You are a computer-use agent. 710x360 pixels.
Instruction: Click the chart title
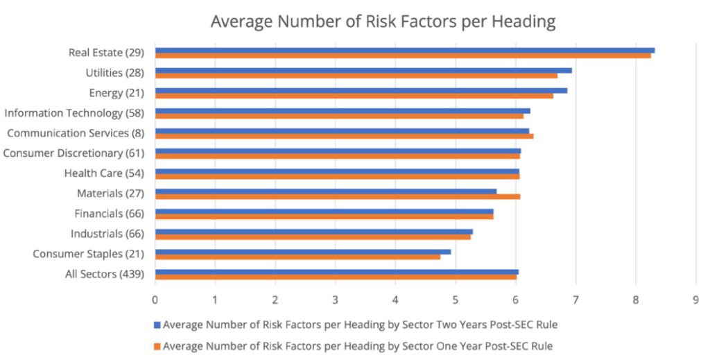pyautogui.click(x=383, y=22)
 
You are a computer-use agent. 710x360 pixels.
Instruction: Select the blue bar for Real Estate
pyautogui.click(x=404, y=50)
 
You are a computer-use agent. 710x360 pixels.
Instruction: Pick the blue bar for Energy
pyautogui.click(x=361, y=90)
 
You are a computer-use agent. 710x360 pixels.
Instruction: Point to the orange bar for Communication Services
pyautogui.click(x=344, y=136)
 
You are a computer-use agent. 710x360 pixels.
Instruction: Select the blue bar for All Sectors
pyautogui.click(x=336, y=271)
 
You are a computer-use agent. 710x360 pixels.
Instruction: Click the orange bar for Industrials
pyautogui.click(x=313, y=237)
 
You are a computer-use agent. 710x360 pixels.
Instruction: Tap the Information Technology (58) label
pyautogui.click(x=74, y=113)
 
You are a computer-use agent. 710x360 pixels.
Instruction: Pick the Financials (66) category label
pyautogui.click(x=109, y=214)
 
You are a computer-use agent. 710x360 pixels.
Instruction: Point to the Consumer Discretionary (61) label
pyautogui.click(x=73, y=153)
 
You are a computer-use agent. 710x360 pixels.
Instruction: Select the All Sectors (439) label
pyautogui.click(x=104, y=274)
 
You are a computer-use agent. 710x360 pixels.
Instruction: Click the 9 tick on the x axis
pyautogui.click(x=695, y=300)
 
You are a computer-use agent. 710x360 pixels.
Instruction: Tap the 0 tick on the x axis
pyautogui.click(x=155, y=300)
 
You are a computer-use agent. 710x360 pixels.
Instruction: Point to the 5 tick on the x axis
pyautogui.click(x=456, y=300)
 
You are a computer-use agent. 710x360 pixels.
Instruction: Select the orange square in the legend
pyautogui.click(x=157, y=345)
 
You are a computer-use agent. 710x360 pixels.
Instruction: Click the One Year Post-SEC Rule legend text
pyautogui.click(x=358, y=345)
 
